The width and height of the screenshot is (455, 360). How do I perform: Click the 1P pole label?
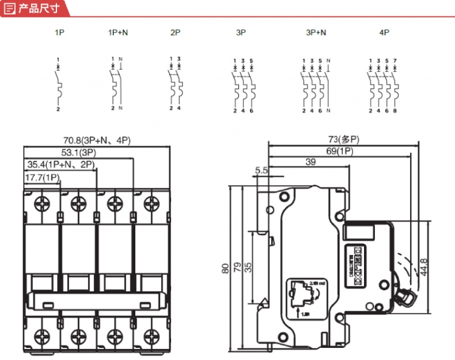(59, 32)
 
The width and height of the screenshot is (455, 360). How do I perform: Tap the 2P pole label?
(175, 32)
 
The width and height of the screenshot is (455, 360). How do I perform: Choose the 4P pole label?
(383, 32)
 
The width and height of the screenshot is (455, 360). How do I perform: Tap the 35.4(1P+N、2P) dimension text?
(62, 164)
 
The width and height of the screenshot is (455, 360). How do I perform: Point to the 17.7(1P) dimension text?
(42, 177)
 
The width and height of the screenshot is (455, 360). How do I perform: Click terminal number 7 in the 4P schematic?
(395, 60)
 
